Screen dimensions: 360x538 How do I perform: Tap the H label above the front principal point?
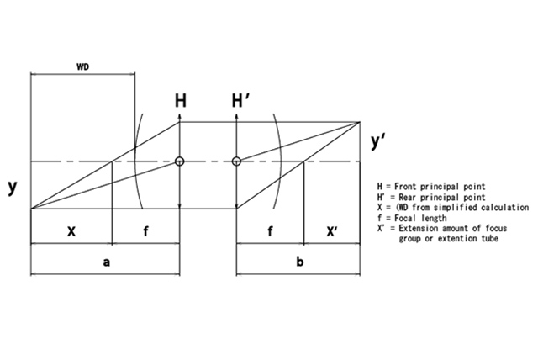(180, 101)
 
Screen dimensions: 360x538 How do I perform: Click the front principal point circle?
(180, 161)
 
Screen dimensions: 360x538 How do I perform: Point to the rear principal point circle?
(237, 161)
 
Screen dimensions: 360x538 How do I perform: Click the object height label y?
(12, 188)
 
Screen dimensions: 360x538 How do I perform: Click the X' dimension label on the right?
(333, 229)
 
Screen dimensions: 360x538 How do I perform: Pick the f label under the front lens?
(145, 229)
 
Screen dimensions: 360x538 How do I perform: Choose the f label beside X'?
(269, 229)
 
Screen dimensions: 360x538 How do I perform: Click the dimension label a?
(106, 262)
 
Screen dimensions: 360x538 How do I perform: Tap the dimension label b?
(300, 262)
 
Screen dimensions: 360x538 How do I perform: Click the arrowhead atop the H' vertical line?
(237, 118)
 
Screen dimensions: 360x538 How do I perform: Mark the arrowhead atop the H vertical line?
(180, 118)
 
